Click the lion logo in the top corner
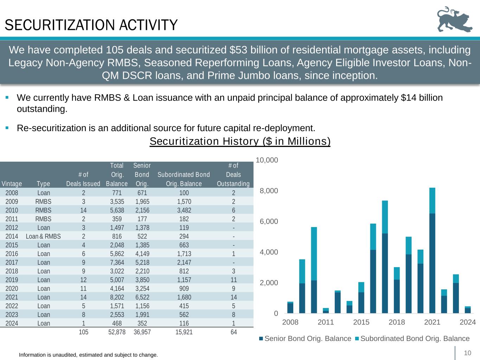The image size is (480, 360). click(x=455, y=20)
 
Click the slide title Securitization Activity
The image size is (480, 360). click(x=91, y=25)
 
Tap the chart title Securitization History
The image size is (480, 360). click(x=240, y=141)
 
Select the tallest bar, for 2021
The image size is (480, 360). click(x=432, y=250)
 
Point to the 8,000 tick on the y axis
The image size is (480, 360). click(x=269, y=191)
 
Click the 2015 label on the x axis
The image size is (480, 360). click(x=361, y=322)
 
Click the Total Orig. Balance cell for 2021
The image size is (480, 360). click(x=117, y=297)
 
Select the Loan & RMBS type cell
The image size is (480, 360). click(x=43, y=236)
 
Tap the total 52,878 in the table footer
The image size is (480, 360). click(x=117, y=332)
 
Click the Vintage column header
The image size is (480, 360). click(x=12, y=184)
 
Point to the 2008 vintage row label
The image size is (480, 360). click(x=12, y=193)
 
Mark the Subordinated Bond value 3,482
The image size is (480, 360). click(x=184, y=210)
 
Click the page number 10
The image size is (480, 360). click(x=467, y=353)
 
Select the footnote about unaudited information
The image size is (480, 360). click(x=88, y=355)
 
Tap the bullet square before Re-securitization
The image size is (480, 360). click(x=7, y=128)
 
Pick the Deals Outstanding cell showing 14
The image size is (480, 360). click(x=233, y=297)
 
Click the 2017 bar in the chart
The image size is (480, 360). click(x=385, y=257)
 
